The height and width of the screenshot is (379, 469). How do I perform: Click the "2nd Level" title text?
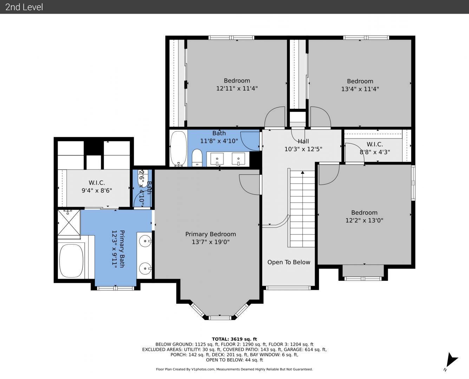[x=24, y=7]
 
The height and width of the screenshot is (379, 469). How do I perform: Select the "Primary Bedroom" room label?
[x=210, y=234]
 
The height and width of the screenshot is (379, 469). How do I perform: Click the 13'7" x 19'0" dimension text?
[x=210, y=242]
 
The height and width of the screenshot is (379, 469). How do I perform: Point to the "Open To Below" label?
[x=289, y=262]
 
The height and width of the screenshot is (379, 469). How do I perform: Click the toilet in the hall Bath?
[x=197, y=158]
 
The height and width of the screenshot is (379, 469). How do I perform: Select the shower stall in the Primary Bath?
[x=69, y=222]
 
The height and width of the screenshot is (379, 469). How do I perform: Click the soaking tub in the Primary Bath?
[x=71, y=261]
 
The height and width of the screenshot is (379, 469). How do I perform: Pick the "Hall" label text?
[x=303, y=141]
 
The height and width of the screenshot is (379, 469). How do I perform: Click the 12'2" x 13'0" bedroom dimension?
[x=364, y=220]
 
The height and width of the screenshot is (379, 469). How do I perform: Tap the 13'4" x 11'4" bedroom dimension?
[x=360, y=89]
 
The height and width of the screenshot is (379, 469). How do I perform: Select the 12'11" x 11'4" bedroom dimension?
[x=237, y=88]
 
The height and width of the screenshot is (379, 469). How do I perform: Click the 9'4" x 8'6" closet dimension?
[x=97, y=191]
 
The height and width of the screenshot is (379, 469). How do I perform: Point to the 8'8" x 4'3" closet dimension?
[x=375, y=152]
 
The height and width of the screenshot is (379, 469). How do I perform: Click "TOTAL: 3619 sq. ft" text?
[x=234, y=339]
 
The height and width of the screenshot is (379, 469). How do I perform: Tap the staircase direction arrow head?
[x=302, y=172]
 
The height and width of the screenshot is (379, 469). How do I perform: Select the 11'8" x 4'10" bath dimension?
[x=219, y=141]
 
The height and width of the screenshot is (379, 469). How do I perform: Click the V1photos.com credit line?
[x=234, y=369]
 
